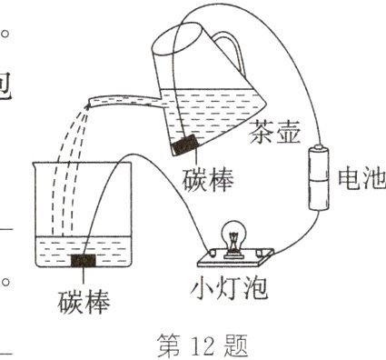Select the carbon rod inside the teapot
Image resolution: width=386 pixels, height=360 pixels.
tap(186, 145)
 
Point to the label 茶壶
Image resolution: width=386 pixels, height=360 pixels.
tap(271, 138)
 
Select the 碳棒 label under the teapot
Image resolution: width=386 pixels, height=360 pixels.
tap(207, 178)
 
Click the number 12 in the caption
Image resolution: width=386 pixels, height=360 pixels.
tap(201, 343)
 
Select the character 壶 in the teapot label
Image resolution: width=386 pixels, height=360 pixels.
tap(282, 138)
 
